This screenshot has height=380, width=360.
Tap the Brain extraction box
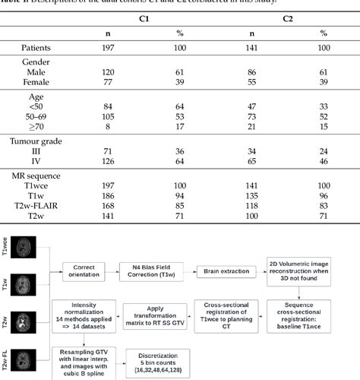(227, 271)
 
